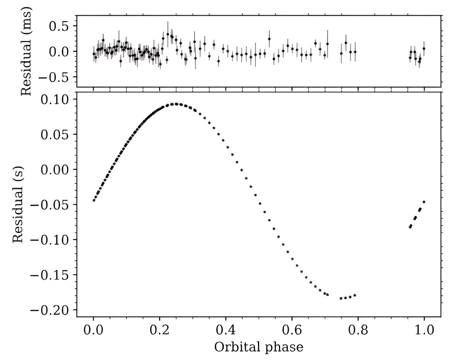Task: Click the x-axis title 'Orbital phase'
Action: click(x=258, y=347)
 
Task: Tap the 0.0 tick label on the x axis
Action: click(x=93, y=330)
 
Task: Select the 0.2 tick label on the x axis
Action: click(x=160, y=330)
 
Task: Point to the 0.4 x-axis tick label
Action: click(x=226, y=330)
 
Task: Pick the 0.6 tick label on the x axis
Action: click(x=292, y=330)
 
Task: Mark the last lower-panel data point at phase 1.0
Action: click(x=424, y=202)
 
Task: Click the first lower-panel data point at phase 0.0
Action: click(x=94, y=200)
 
